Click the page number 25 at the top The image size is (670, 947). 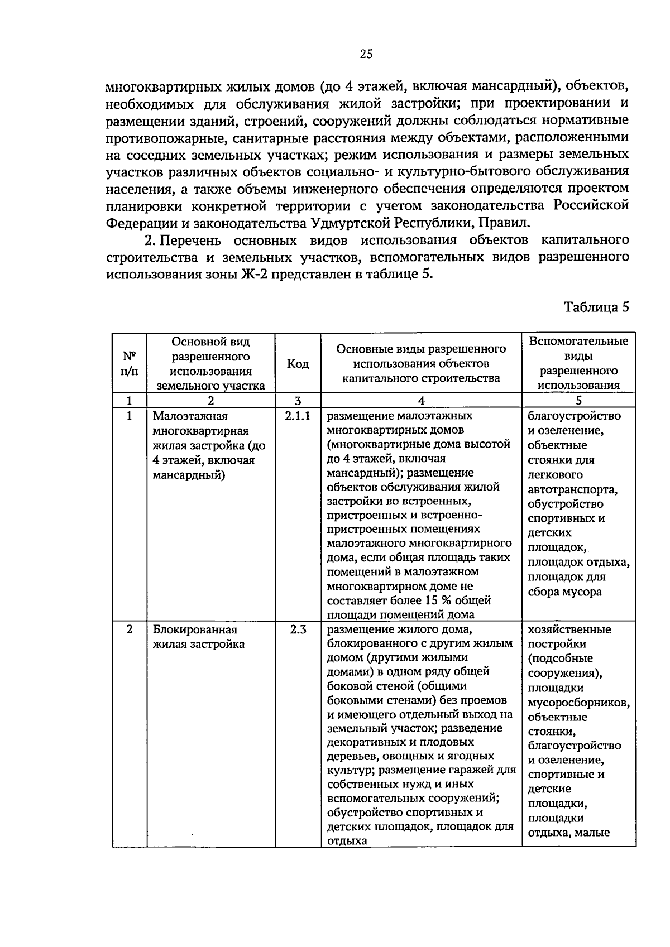(366, 54)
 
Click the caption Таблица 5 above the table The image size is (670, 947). (596, 307)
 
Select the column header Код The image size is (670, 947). (298, 364)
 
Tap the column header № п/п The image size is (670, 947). (129, 363)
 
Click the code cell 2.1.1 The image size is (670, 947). (298, 416)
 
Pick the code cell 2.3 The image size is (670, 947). (298, 630)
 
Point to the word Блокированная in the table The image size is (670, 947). (195, 630)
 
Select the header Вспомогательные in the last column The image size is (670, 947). (578, 342)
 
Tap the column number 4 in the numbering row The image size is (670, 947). (421, 401)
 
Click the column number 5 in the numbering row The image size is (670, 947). (579, 401)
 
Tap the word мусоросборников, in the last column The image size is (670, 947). (578, 703)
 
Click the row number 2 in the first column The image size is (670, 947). (130, 630)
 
